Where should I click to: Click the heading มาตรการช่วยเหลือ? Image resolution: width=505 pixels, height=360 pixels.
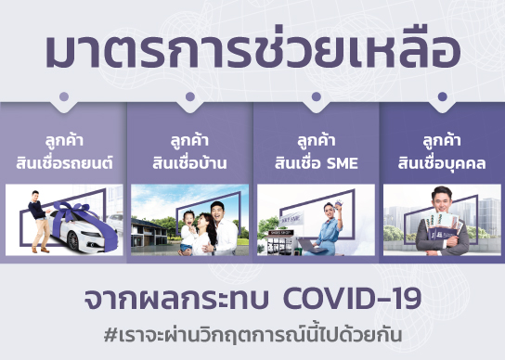click(252, 53)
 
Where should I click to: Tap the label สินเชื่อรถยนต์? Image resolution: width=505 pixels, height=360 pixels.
click(63, 163)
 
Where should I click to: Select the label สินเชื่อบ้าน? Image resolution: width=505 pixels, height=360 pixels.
click(189, 163)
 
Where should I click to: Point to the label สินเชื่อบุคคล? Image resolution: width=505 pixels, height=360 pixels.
click(441, 163)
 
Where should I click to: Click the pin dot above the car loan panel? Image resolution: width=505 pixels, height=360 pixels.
click(63, 96)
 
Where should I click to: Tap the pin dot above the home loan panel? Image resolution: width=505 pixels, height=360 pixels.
click(189, 96)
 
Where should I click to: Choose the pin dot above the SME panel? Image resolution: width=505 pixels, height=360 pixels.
click(316, 96)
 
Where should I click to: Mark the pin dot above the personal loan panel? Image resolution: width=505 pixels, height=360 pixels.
click(441, 96)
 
